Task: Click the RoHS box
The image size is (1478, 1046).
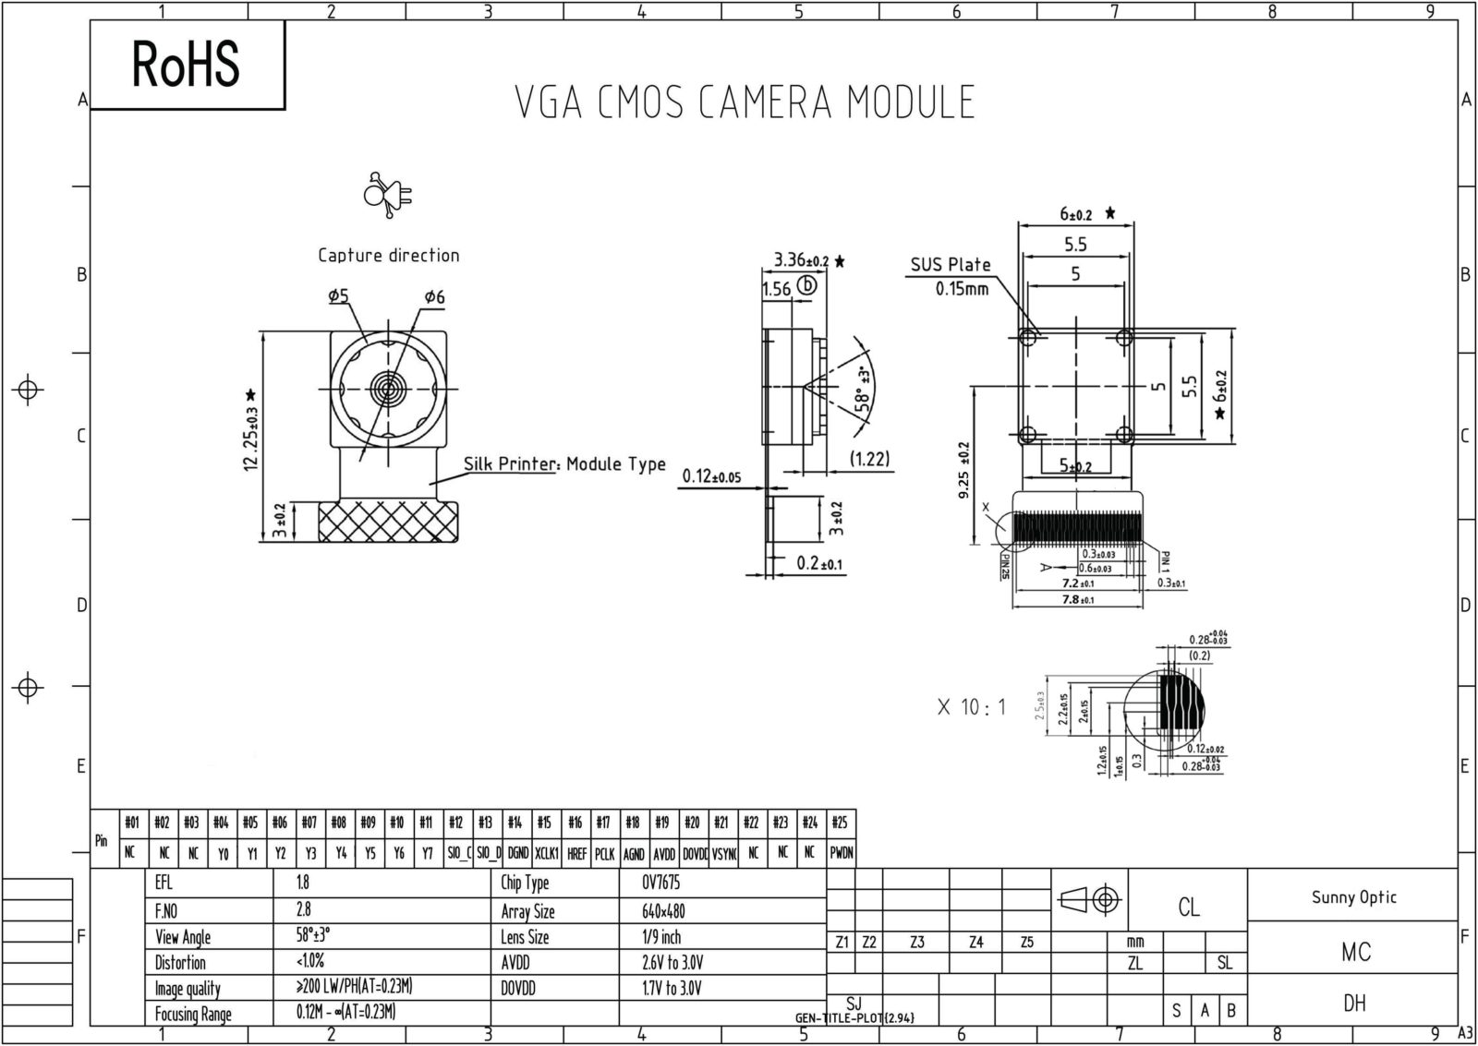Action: pos(187,65)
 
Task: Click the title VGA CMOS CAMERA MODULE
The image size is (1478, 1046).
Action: pos(745,102)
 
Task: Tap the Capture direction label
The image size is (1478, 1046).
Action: pos(388,256)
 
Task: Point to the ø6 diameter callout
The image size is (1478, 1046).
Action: pos(434,297)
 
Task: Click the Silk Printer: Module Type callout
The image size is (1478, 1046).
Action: pos(563,463)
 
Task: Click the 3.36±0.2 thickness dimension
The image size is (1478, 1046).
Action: pos(801,260)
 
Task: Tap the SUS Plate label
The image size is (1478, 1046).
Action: pos(950,265)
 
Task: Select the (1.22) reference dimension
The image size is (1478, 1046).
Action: pos(869,459)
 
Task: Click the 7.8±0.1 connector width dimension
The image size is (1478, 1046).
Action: pos(1077,600)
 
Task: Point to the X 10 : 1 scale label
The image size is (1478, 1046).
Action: pos(971,708)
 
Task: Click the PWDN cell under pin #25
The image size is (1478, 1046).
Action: pos(841,854)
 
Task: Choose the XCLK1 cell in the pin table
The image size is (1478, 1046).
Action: pos(547,854)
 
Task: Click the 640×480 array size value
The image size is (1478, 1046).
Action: pos(663,911)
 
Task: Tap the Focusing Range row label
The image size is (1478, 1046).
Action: pos(193,1014)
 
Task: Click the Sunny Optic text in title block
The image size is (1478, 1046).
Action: pos(1353,897)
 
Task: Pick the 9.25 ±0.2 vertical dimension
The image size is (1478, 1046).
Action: pos(963,470)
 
